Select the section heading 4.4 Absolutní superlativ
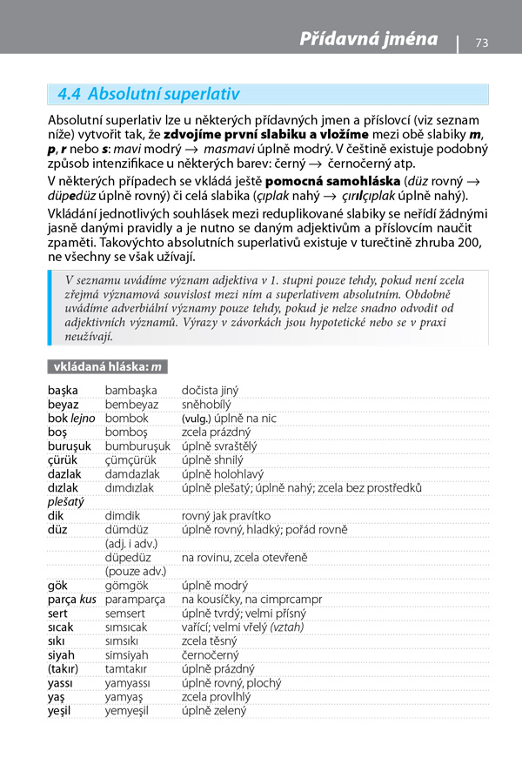click(148, 94)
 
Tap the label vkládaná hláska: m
click(108, 367)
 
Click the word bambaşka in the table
click(130, 391)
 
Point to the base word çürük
click(63, 460)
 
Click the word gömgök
click(126, 586)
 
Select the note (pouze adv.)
click(136, 572)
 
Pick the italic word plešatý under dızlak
click(66, 502)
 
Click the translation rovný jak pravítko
click(226, 516)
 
